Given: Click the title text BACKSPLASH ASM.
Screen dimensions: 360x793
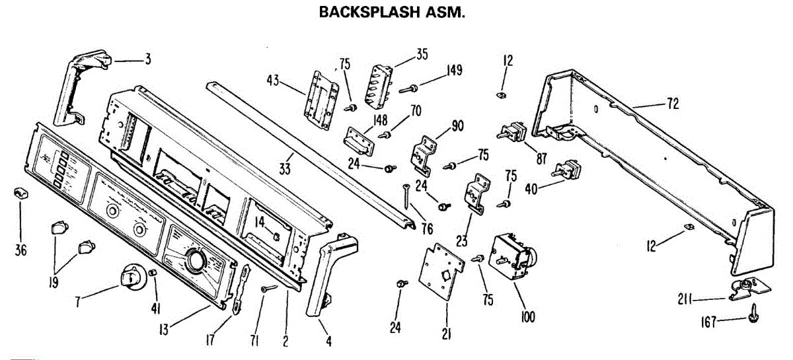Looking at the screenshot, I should click(x=393, y=13).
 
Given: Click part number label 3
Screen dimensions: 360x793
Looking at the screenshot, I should click(x=148, y=59).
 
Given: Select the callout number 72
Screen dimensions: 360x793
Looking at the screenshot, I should click(x=673, y=104).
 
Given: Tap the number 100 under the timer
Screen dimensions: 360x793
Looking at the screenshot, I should click(x=527, y=318).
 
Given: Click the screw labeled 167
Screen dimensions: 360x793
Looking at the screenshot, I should click(x=754, y=317).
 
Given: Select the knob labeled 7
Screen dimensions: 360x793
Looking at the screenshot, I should click(x=133, y=277).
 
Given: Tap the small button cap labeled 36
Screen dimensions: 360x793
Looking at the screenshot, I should click(x=21, y=193).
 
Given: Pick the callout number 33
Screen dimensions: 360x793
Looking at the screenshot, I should click(x=285, y=169).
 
